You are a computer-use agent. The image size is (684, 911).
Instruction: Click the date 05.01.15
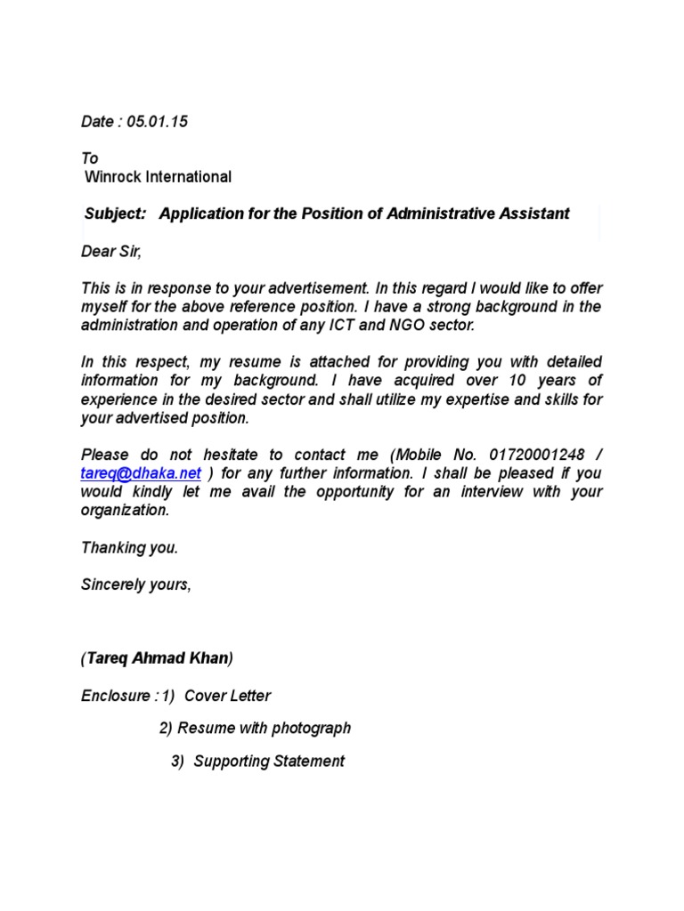157,123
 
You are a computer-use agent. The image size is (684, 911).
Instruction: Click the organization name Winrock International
158,177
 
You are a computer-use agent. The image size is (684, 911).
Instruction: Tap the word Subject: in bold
115,214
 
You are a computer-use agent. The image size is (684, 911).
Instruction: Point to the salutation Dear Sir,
111,252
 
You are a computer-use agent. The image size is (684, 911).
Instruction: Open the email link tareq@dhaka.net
141,473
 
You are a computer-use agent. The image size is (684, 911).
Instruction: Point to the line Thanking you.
129,548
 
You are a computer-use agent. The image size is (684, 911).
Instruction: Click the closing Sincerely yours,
135,584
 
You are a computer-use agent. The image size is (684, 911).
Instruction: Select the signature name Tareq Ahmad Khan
157,658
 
